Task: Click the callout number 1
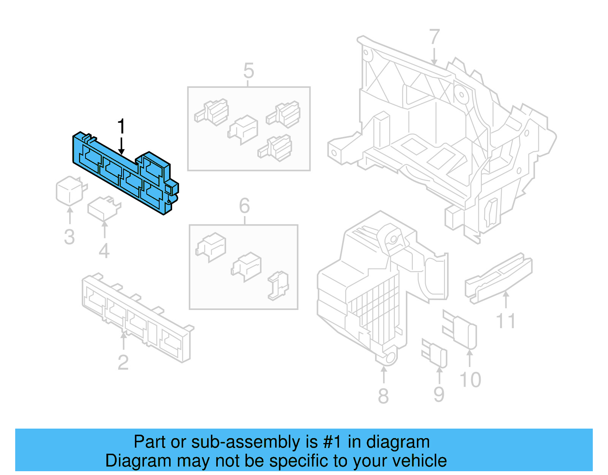point(121,126)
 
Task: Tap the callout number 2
point(123,362)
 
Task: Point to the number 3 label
point(69,237)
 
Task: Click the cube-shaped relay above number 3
point(70,190)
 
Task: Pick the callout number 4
point(104,251)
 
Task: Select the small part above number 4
point(103,208)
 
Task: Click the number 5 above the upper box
point(249,71)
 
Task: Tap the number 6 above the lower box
point(244,206)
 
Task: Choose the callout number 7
point(434,37)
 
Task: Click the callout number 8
point(383,396)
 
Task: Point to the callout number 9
point(439,394)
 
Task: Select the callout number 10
point(470,380)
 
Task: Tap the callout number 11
point(506,321)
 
